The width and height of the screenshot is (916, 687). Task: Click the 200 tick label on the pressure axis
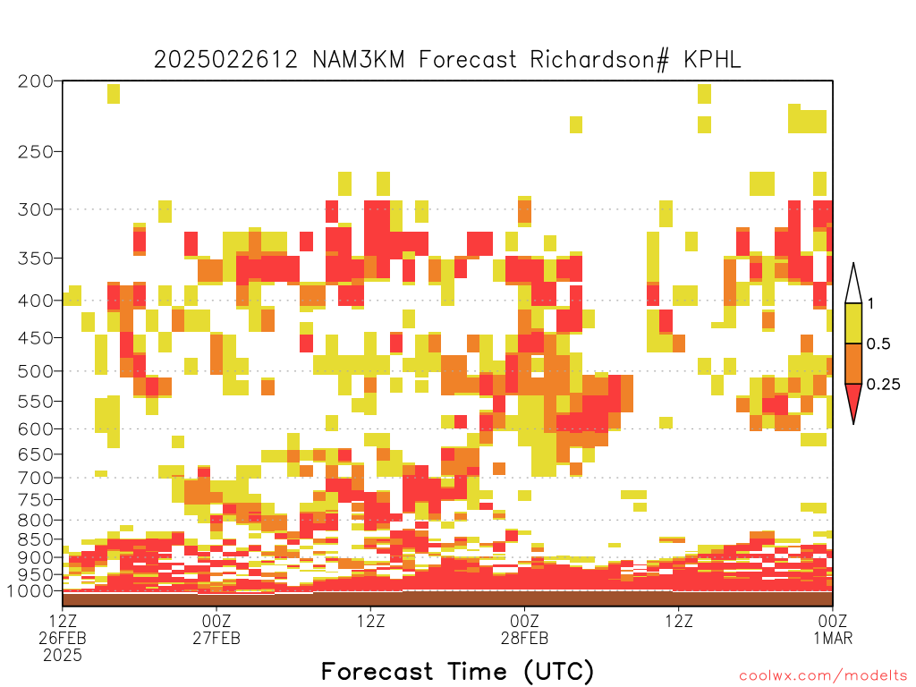pos(35,81)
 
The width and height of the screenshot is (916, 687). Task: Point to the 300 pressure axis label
pos(35,209)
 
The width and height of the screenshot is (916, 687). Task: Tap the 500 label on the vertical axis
pos(35,371)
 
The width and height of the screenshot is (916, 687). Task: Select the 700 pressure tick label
pos(35,478)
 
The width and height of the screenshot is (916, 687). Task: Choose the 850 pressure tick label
pos(35,539)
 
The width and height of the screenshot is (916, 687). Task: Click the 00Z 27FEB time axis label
pos(216,629)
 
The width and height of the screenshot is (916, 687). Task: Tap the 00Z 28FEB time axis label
pos(524,629)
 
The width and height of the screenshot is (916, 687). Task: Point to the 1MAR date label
pos(833,638)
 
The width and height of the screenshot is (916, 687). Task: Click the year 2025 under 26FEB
pos(63,656)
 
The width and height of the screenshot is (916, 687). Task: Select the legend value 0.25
pos(883,385)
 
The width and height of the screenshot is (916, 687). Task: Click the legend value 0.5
pos(878,344)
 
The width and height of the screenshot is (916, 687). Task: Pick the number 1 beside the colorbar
pos(870,304)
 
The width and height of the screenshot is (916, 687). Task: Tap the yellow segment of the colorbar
pos(853,323)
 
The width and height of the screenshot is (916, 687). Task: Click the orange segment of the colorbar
pos(853,363)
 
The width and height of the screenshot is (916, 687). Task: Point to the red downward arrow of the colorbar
pos(853,400)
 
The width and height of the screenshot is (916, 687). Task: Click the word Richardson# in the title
pos(599,60)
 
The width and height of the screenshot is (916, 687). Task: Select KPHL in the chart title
pos(712,60)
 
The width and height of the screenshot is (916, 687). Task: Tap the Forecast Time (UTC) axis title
pos(457,671)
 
